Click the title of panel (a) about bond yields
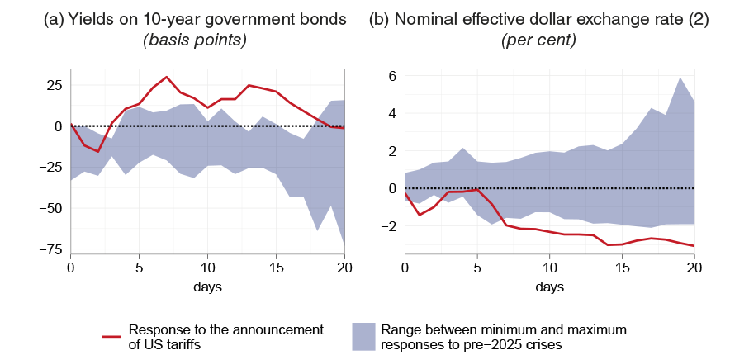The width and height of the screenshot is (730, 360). point(195,19)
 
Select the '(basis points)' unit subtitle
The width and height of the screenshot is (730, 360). point(195,40)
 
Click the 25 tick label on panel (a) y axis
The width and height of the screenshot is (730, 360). point(54,85)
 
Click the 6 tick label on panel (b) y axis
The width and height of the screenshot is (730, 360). point(393,76)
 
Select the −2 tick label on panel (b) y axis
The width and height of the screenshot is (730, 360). point(389,226)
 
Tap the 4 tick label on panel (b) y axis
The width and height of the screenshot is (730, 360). point(393,114)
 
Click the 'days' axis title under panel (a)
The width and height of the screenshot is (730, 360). point(208,287)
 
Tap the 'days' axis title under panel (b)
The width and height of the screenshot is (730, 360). point(549,287)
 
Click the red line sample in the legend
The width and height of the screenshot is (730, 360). point(112,336)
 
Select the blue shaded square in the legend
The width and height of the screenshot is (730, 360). point(363,336)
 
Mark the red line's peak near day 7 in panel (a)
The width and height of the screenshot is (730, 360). point(167,77)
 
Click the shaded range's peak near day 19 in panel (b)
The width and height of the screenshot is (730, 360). point(679,78)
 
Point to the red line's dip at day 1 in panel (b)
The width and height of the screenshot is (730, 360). point(420,215)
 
